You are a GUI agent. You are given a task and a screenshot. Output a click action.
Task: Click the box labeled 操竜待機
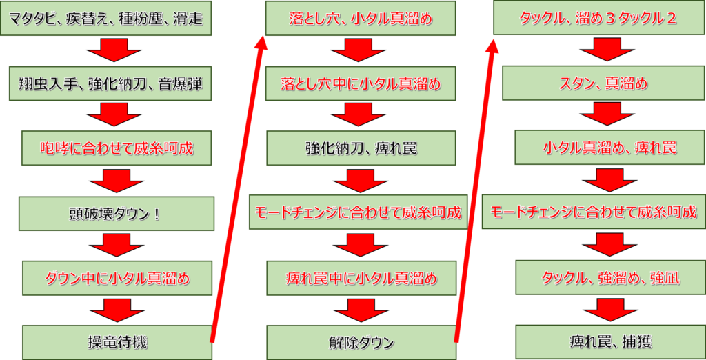point(117,341)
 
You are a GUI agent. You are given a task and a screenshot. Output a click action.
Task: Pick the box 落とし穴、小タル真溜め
point(361,19)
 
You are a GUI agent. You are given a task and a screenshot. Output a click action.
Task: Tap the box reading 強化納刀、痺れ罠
point(361,148)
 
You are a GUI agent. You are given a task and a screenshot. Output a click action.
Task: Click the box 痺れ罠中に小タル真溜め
point(360,278)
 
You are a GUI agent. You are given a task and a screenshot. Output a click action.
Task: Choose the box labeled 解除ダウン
point(361,341)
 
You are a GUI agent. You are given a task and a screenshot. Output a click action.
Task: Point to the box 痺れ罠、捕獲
point(598,341)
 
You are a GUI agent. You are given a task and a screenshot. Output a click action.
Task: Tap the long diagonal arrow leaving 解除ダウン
point(476,186)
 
